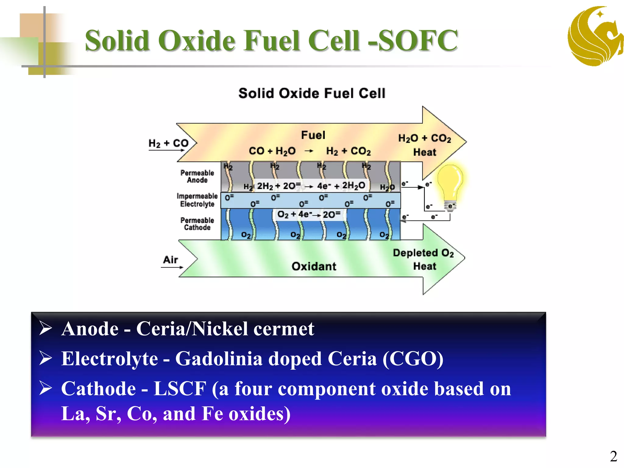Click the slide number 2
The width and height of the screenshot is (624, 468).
[x=613, y=456]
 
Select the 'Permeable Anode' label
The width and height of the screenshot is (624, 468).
[x=197, y=176]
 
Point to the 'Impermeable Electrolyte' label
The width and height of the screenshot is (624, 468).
[x=197, y=200]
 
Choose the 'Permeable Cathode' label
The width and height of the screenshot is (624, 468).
[x=197, y=224]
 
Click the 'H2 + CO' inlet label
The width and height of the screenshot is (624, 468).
[x=168, y=143]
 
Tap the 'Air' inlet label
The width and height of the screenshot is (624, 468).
[x=170, y=260]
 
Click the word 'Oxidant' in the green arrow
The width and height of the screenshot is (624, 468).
[x=314, y=266]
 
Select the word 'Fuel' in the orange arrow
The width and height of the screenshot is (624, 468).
[x=313, y=135]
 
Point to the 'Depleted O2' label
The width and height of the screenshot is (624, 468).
[x=423, y=253]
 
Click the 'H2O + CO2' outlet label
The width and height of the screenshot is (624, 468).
[x=424, y=138]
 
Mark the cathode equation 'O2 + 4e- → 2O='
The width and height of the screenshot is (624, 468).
[x=309, y=214]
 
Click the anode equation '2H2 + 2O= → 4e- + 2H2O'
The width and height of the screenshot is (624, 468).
[x=311, y=186]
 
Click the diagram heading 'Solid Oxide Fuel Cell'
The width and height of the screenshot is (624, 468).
[x=312, y=93]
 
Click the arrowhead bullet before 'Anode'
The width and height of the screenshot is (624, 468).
[x=46, y=328]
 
